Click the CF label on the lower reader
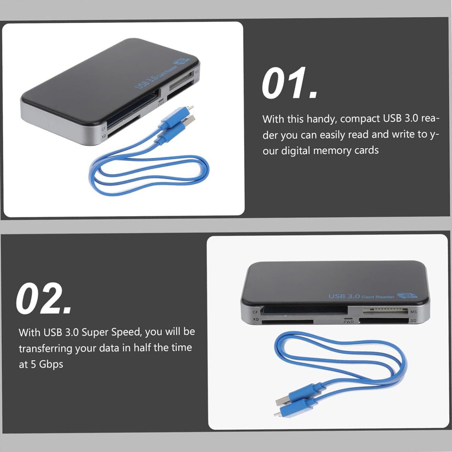point(255,312)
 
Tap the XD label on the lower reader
point(256,320)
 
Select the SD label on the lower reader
point(413,321)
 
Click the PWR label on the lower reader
point(348,321)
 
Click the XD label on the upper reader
point(104,136)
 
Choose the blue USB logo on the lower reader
point(406,296)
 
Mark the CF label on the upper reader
point(103,128)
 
